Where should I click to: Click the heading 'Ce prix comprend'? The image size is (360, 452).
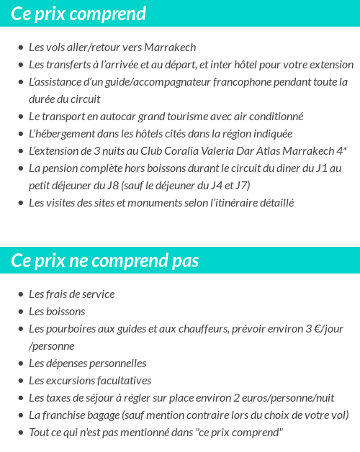pos(78,14)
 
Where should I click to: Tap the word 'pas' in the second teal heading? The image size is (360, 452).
pos(185,261)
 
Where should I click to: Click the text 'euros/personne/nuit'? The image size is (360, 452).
pos(287,398)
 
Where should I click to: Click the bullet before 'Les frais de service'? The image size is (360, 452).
pos(20,294)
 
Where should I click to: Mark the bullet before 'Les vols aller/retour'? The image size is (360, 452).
pos(20,48)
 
